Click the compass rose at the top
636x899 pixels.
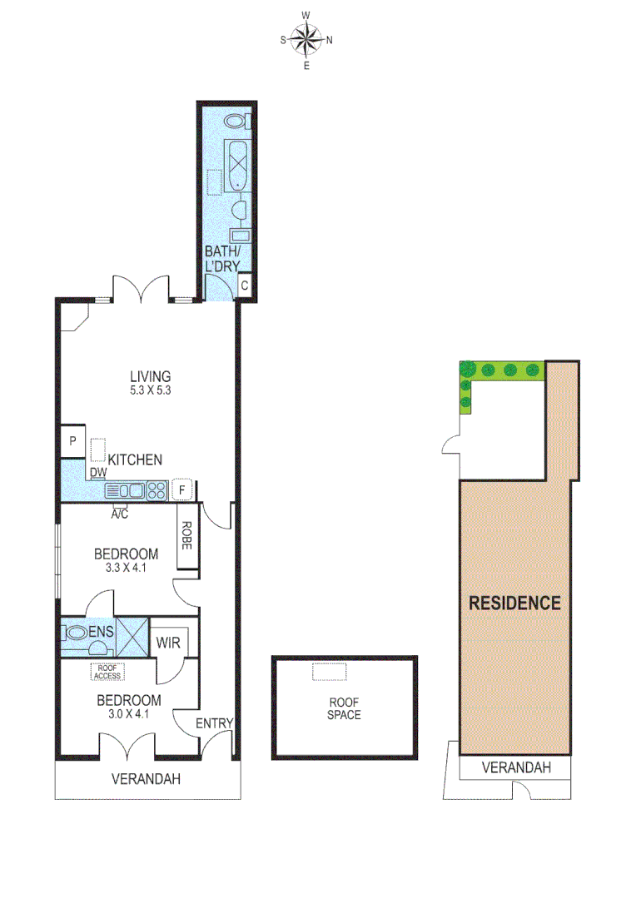[306, 39]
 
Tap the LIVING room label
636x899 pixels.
[149, 375]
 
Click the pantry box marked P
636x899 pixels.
[72, 442]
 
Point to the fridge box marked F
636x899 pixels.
[182, 489]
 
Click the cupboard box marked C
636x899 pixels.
[245, 285]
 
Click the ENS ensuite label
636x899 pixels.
[101, 633]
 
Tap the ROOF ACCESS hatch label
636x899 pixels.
[107, 671]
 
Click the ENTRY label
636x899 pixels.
[214, 723]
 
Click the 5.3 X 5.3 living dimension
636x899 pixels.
[149, 390]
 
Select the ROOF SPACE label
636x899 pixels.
[344, 708]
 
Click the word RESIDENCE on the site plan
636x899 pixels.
[514, 603]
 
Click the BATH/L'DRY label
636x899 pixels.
[223, 259]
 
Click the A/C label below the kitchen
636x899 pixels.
[120, 513]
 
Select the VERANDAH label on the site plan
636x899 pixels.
[516, 767]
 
